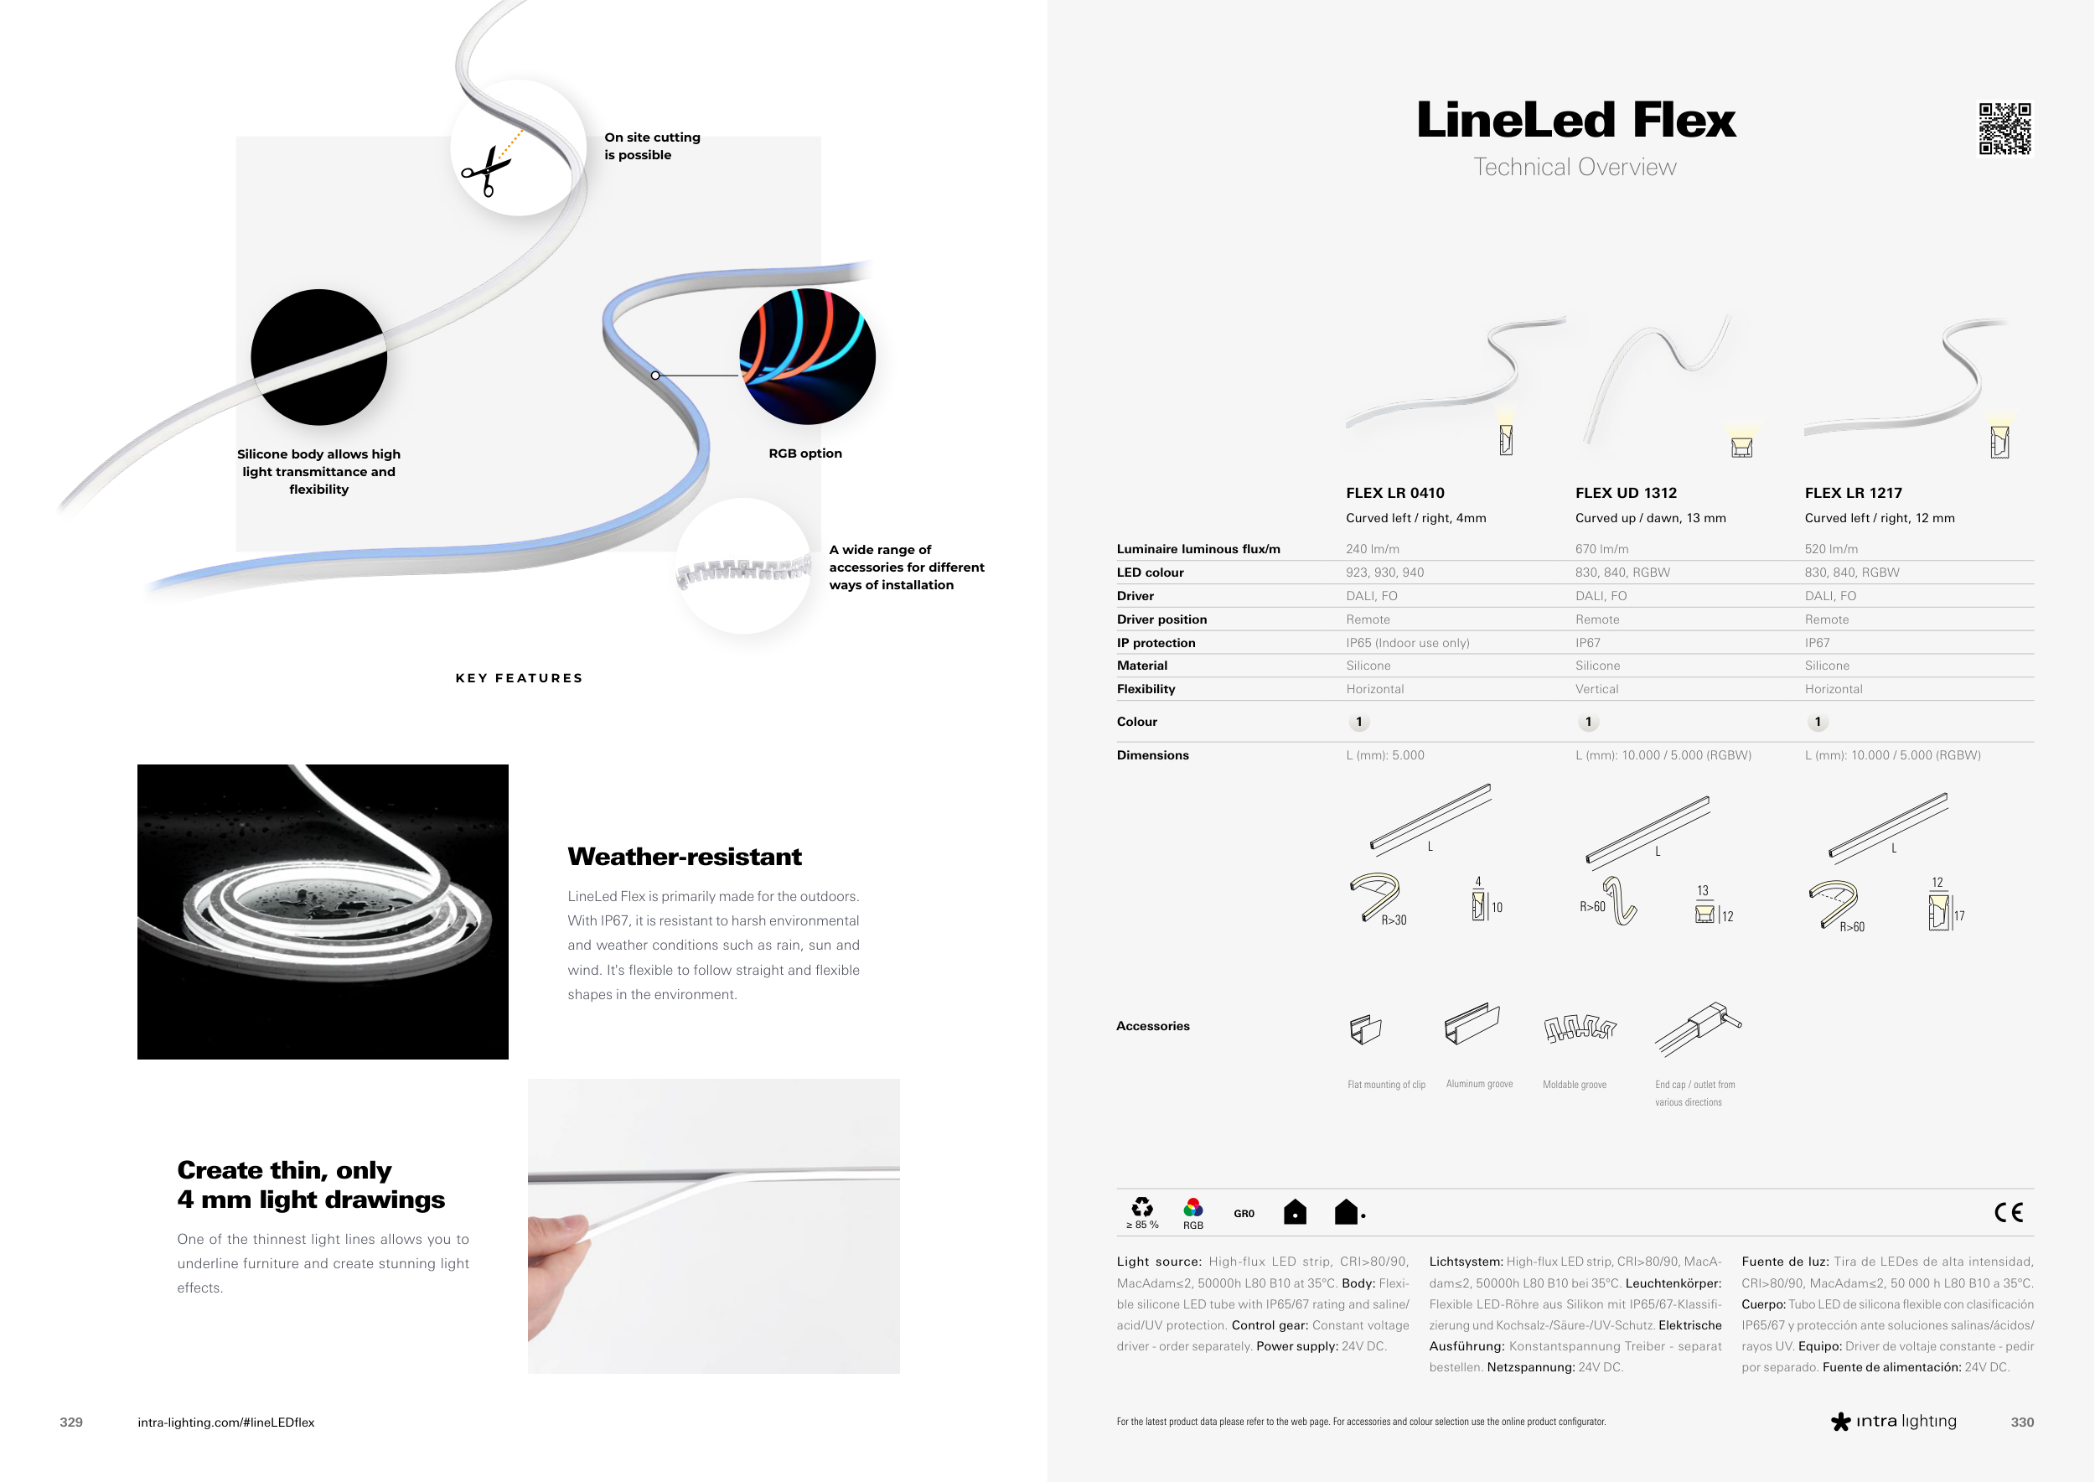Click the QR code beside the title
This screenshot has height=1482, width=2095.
[x=2004, y=129]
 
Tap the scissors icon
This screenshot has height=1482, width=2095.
[x=486, y=171]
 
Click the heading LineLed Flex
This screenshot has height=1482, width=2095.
[x=1575, y=121]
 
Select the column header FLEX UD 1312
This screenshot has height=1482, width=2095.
[x=1626, y=493]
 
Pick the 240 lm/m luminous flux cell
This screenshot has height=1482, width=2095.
[x=1373, y=549]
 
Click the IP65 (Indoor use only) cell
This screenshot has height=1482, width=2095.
[x=1408, y=642]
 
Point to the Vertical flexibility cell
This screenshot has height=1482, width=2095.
[x=1596, y=689]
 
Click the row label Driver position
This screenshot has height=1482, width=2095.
[x=1161, y=619]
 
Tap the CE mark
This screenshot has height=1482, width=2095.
[x=2009, y=1212]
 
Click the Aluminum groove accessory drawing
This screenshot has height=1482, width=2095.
[x=1472, y=1023]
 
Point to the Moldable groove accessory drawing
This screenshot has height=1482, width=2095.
[x=1580, y=1029]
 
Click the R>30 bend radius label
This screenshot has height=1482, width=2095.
[x=1394, y=920]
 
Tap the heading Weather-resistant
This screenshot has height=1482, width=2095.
[x=685, y=857]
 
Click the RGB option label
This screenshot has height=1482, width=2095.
[x=804, y=453]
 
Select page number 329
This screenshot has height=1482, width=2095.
[x=71, y=1422]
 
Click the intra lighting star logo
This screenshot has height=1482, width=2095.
[x=1840, y=1422]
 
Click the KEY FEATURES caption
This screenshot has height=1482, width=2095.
[x=520, y=678]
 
